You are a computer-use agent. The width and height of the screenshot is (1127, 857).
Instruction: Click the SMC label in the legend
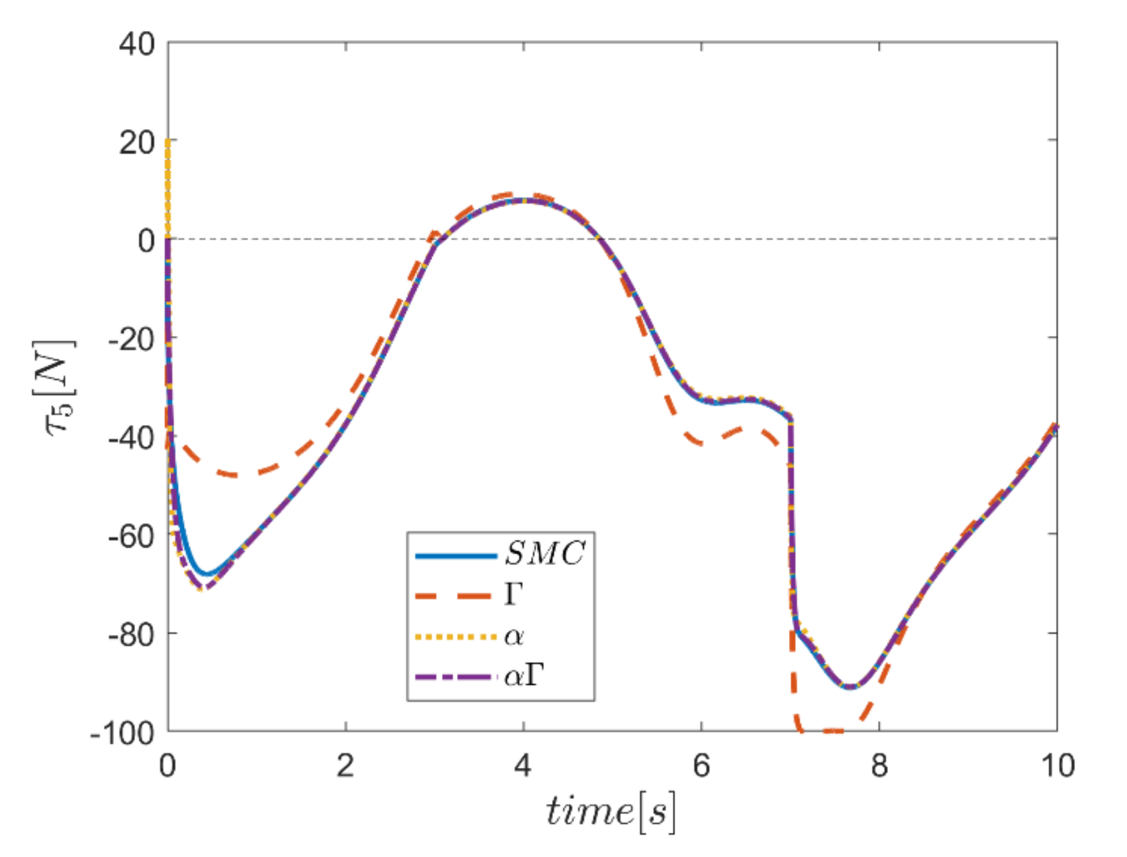coord(545,553)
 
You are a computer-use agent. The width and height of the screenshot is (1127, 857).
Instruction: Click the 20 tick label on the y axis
coord(137,142)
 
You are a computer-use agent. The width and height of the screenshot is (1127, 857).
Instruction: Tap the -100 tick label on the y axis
coord(122,733)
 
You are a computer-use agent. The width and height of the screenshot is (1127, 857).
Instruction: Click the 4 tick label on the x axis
coord(523,766)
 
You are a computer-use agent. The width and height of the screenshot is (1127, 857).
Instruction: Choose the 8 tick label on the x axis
coord(879,766)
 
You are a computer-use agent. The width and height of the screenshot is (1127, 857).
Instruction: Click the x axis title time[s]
coord(610,812)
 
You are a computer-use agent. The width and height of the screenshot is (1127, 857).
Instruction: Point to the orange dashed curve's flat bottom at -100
coord(830,731)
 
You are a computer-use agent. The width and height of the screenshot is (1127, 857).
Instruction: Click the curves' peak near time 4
coord(523,199)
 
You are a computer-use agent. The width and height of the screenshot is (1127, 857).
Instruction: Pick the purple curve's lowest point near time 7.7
coord(850,687)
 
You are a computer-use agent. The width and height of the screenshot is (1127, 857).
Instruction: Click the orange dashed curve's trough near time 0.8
coord(235,475)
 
